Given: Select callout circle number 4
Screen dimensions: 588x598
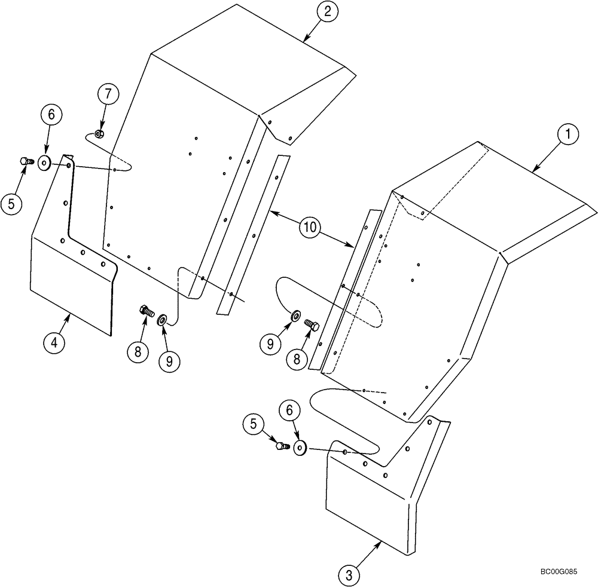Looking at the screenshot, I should (54, 343).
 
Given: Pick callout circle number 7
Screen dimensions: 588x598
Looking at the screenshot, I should (108, 94).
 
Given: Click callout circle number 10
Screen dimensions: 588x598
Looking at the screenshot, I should (310, 228).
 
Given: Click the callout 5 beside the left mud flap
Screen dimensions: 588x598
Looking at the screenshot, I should (12, 204).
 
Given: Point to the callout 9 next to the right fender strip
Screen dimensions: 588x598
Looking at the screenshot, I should (270, 342).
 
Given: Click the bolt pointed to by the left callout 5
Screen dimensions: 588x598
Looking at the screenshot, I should (25, 161).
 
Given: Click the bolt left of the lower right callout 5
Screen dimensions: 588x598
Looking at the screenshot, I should (281, 446).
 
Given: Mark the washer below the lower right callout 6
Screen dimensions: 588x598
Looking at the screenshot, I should (300, 448).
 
